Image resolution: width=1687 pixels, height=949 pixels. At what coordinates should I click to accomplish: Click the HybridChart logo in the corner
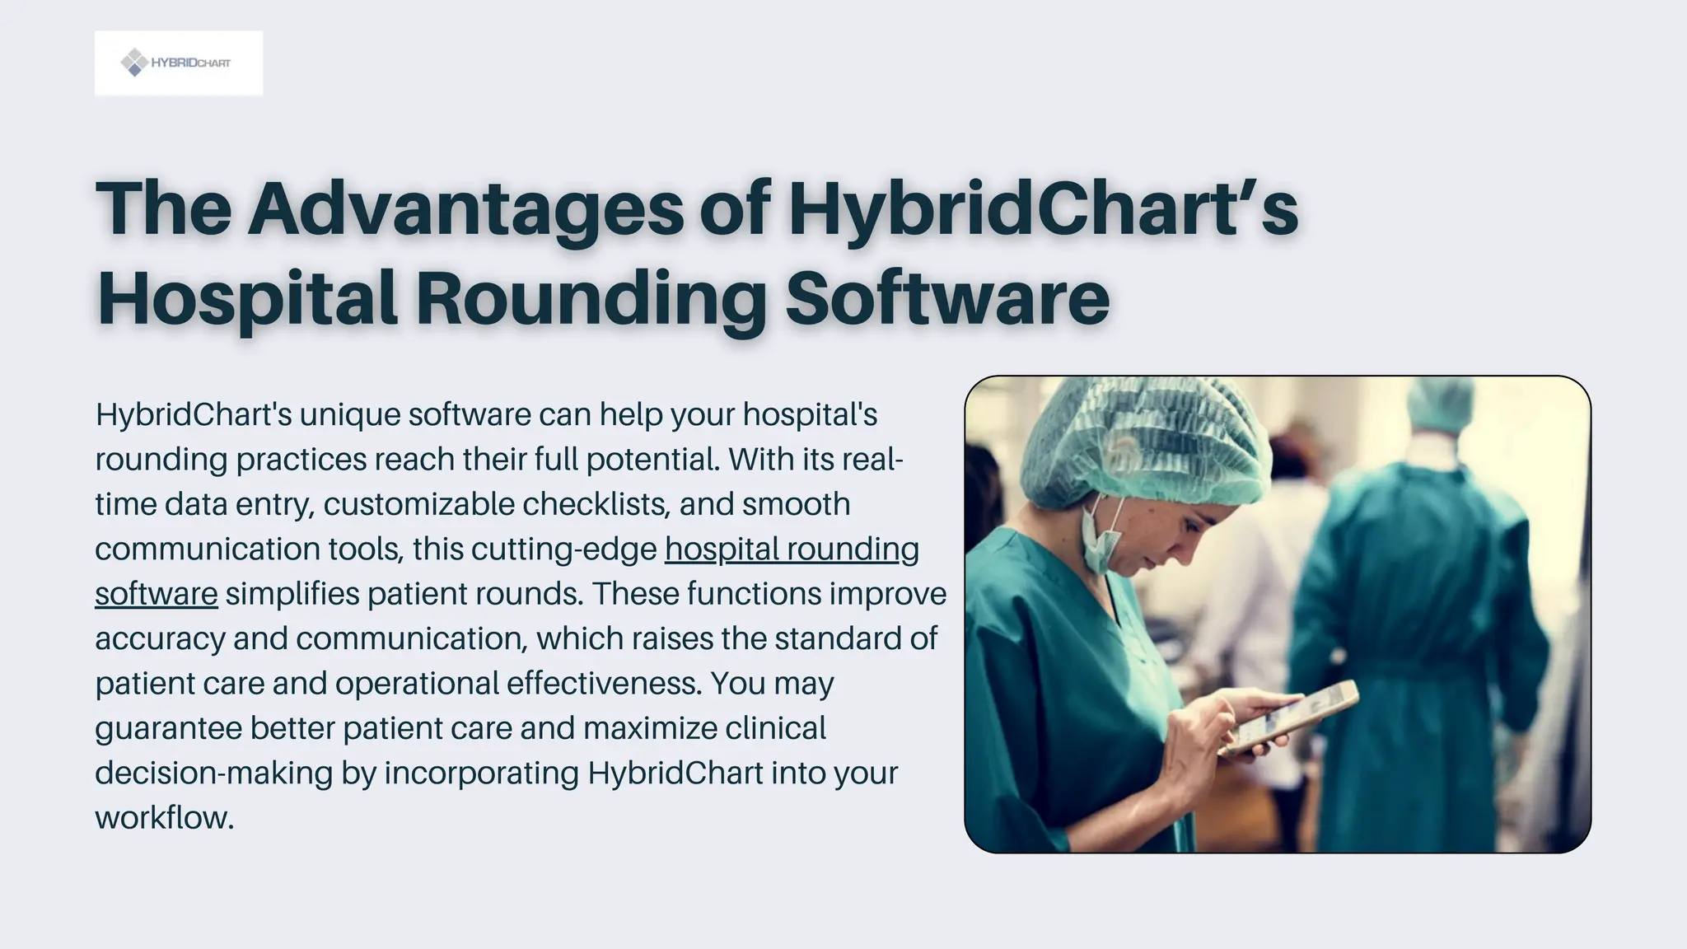tap(179, 63)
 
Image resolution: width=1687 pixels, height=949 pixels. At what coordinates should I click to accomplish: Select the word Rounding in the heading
tap(591, 298)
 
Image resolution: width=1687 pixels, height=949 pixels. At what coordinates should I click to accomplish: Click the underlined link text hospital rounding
tap(792, 549)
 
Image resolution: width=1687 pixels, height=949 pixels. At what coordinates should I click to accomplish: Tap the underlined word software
tap(157, 594)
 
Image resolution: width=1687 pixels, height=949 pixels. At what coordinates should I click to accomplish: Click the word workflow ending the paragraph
tap(164, 818)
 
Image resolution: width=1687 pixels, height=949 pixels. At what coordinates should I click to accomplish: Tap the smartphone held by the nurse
tap(1291, 715)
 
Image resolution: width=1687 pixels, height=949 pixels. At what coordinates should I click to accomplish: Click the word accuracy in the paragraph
tap(160, 639)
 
